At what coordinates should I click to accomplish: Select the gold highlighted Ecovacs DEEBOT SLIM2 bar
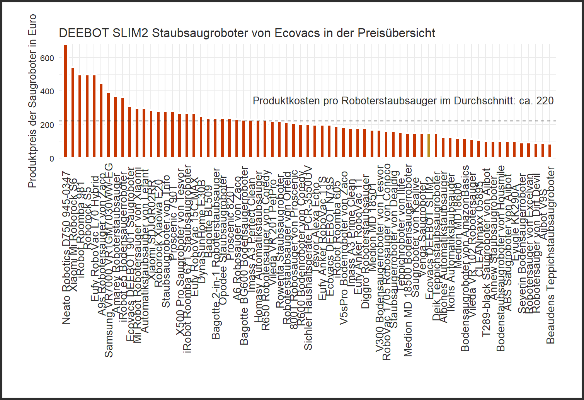429,146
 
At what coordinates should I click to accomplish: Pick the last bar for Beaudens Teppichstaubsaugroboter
550,151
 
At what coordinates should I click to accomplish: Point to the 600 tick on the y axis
49,58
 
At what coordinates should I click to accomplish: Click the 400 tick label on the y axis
49,91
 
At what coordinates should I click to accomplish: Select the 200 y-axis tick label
49,125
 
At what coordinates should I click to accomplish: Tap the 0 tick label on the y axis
52,158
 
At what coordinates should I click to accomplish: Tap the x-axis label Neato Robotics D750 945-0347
67,247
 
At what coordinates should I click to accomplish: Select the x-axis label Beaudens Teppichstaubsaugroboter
550,257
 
